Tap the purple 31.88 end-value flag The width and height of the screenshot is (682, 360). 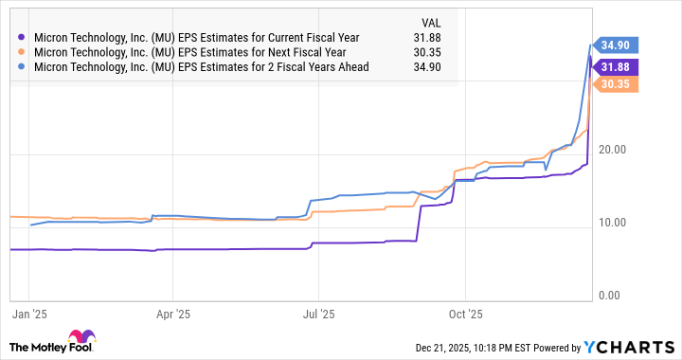click(620, 66)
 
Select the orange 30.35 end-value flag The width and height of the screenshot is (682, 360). click(620, 83)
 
